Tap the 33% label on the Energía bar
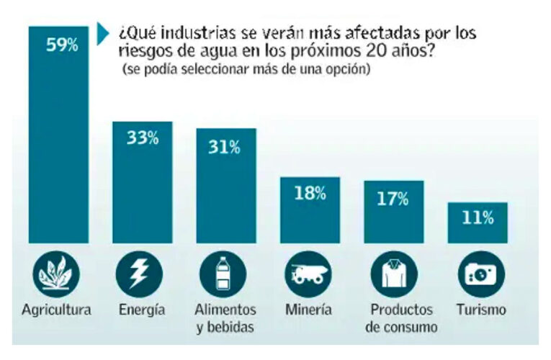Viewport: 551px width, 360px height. [142, 138]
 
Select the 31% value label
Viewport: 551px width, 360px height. [225, 147]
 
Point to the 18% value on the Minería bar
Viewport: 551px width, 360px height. [310, 193]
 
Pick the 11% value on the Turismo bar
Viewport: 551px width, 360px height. [477, 218]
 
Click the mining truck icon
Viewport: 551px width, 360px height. [308, 274]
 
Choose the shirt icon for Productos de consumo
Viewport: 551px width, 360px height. [393, 275]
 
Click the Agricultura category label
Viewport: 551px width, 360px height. [56, 310]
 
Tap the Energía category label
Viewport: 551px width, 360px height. [140, 310]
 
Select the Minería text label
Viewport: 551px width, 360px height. [308, 310]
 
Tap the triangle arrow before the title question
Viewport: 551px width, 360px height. [102, 32]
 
